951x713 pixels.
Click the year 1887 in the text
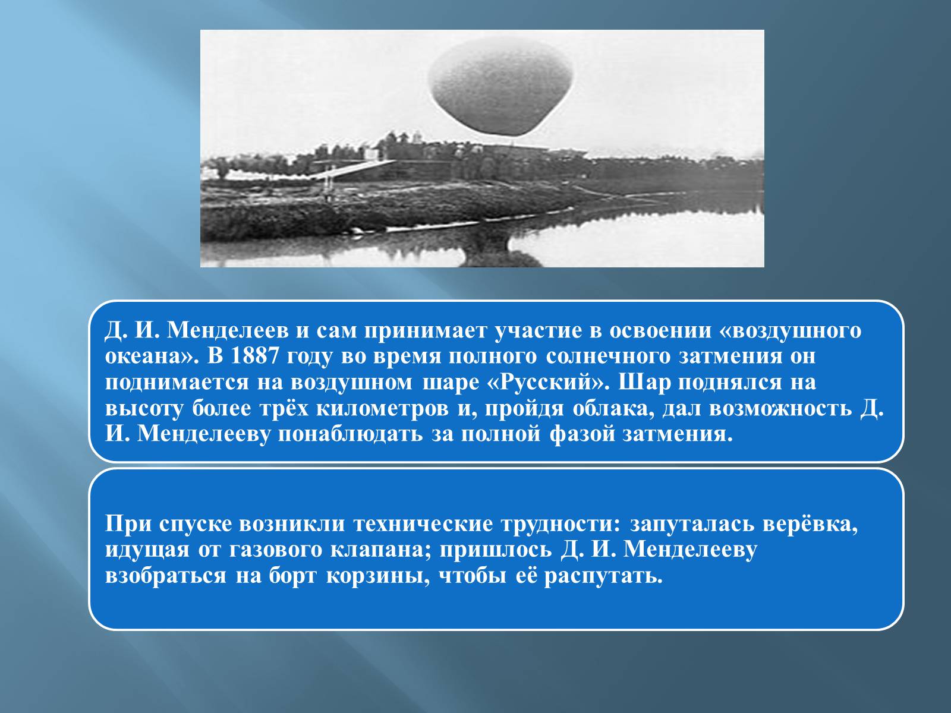click(x=254, y=356)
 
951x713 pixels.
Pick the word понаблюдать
click(x=350, y=435)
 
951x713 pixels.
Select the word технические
click(x=423, y=525)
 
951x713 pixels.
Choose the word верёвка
click(x=810, y=524)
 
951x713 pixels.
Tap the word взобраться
click(x=165, y=576)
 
